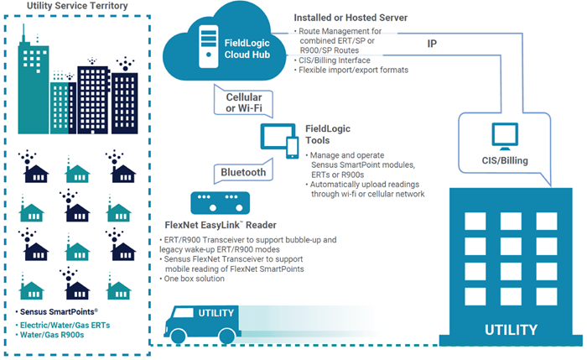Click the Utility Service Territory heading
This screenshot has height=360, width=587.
coord(77,7)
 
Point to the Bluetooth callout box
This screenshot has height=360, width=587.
coord(243,173)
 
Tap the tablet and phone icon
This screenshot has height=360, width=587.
coord(279,140)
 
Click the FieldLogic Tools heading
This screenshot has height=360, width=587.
coord(328,134)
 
